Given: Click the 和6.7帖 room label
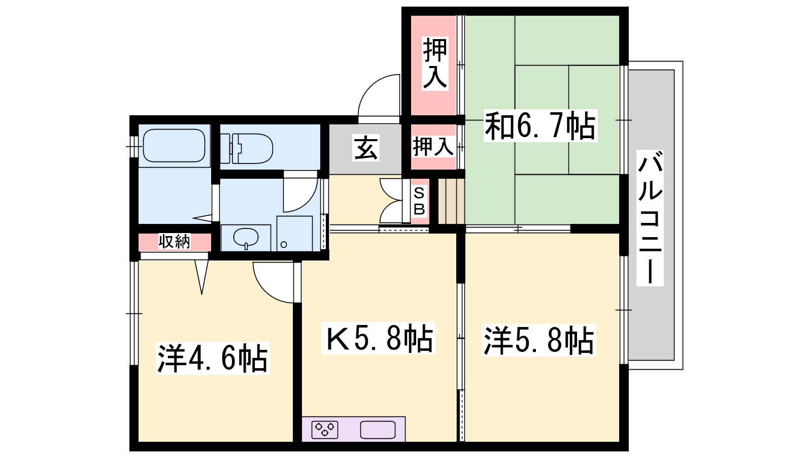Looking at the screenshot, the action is coord(540,126).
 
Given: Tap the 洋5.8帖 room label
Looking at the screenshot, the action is coord(539,340).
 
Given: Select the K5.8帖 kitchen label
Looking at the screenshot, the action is coord(379,338).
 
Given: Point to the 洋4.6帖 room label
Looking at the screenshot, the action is coord(213,358).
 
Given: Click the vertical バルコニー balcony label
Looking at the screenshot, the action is coord(650,218).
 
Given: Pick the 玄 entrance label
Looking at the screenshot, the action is coord(366,148).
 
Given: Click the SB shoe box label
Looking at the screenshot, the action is coord(419,202).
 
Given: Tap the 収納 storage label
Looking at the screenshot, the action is coord(175,242).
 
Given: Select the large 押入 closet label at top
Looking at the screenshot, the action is coord(435,63).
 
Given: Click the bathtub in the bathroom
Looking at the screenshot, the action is coord(175,145).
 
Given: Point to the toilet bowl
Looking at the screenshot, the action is coord(254,149).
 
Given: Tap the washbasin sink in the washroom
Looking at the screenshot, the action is coord(246,238).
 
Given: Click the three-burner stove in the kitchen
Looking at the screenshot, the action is coord(324,430).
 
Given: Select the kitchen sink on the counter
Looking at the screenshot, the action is coord(378,430).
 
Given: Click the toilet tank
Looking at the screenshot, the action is coord(225,149).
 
